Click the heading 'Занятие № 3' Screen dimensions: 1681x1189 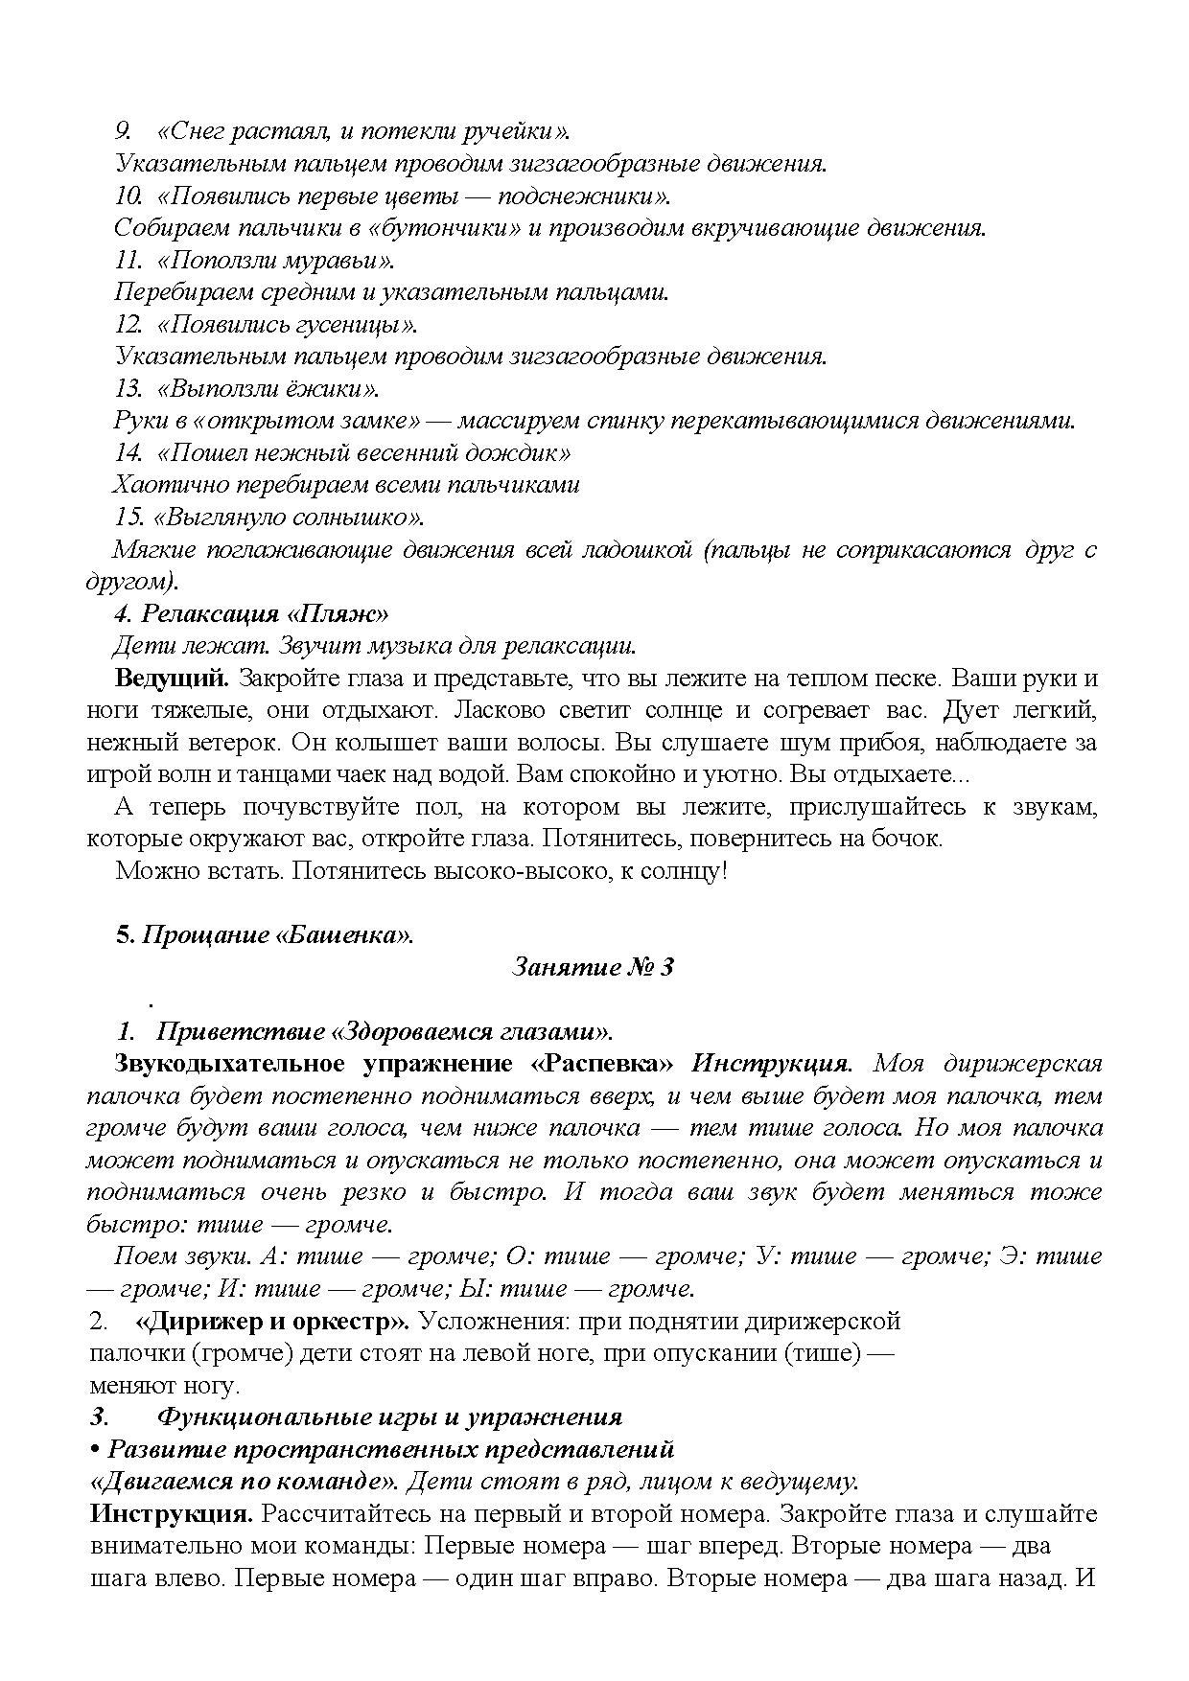593,967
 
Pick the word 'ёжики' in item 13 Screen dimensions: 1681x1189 330,389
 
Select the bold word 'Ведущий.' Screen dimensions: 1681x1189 172,679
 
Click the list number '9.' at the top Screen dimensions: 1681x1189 124,131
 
